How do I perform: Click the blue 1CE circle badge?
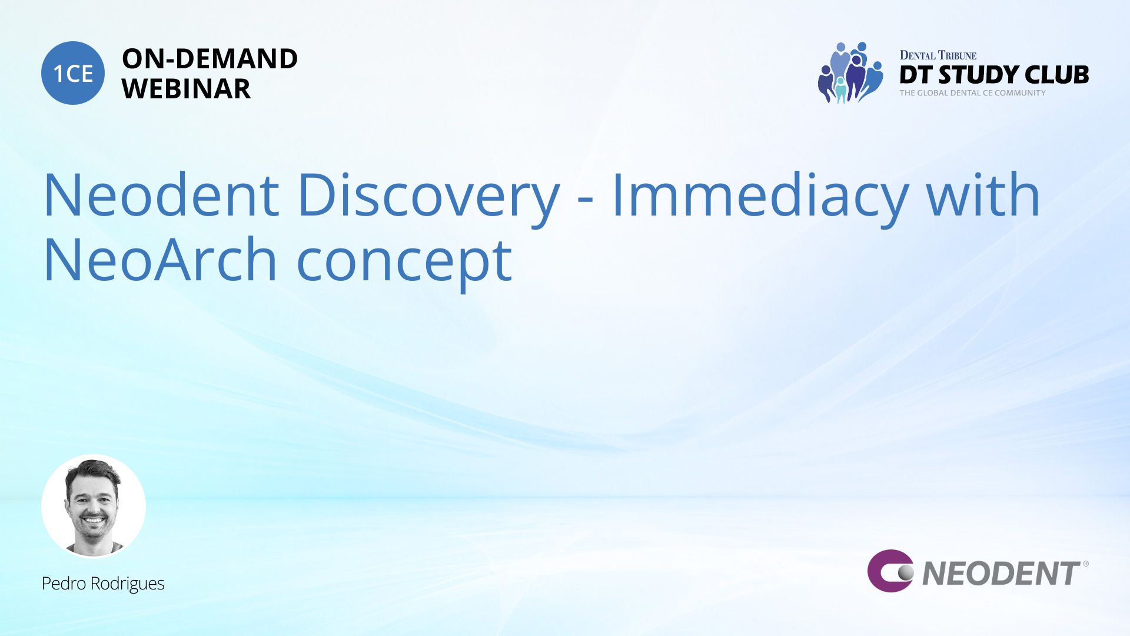point(73,73)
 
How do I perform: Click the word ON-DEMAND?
point(210,59)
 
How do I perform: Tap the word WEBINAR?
point(186,89)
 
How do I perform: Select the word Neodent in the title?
point(161,195)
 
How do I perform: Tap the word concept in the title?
point(404,264)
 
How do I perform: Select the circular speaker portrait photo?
point(94,506)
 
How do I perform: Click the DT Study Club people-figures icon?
point(850,72)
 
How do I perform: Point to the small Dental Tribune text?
point(938,55)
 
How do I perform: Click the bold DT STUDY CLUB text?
point(994,75)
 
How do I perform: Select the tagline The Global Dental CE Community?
point(973,93)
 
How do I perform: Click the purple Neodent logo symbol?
point(890,571)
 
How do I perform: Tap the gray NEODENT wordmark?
point(1001,574)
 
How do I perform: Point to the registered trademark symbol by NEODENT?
point(1086,564)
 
